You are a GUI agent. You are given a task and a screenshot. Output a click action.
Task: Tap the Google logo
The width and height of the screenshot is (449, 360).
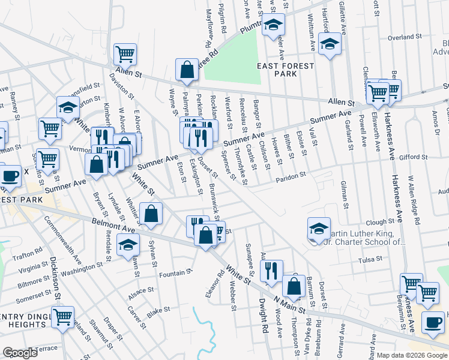coord(20,353)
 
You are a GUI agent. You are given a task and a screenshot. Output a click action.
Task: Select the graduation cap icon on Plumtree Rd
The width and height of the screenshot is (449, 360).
coord(273,25)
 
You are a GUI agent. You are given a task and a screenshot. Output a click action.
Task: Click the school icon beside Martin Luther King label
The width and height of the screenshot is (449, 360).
coord(319,229)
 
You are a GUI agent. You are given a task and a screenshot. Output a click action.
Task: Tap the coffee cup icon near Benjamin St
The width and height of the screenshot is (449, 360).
coord(433,322)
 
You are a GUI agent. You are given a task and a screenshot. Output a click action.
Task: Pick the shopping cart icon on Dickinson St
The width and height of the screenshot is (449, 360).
coord(63,317)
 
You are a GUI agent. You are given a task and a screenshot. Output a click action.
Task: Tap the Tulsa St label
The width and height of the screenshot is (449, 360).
coord(370,259)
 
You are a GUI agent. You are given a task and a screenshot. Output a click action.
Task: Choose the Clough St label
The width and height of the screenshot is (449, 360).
coord(379,221)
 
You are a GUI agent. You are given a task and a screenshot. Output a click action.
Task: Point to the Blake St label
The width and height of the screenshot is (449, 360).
coord(159,310)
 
